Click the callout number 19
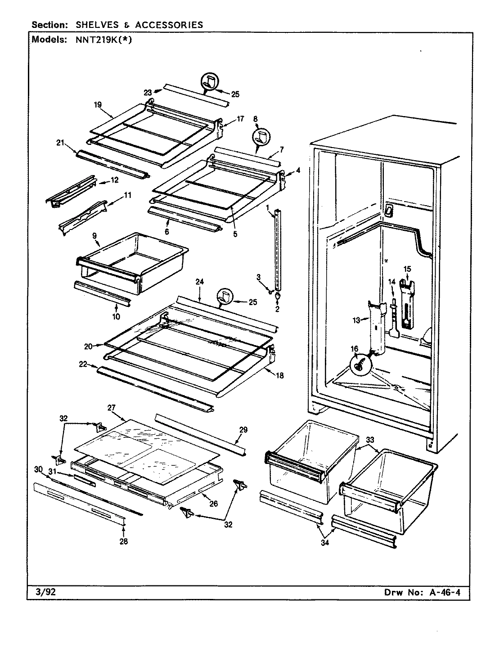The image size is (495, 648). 97,104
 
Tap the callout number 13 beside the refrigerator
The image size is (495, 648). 357,320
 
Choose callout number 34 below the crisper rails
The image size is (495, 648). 325,543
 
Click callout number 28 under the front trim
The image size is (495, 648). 123,541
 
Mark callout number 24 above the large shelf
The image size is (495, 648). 200,282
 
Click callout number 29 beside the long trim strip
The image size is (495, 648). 243,430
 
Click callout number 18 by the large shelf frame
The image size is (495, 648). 279,375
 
